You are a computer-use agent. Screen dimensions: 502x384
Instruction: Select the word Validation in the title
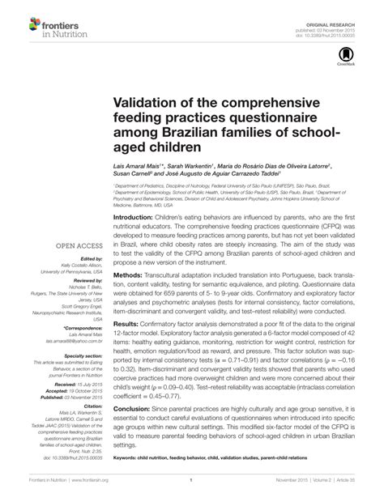pyautogui.click(x=145, y=104)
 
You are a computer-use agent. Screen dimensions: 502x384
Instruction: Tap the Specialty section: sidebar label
pyautogui.click(x=79, y=355)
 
